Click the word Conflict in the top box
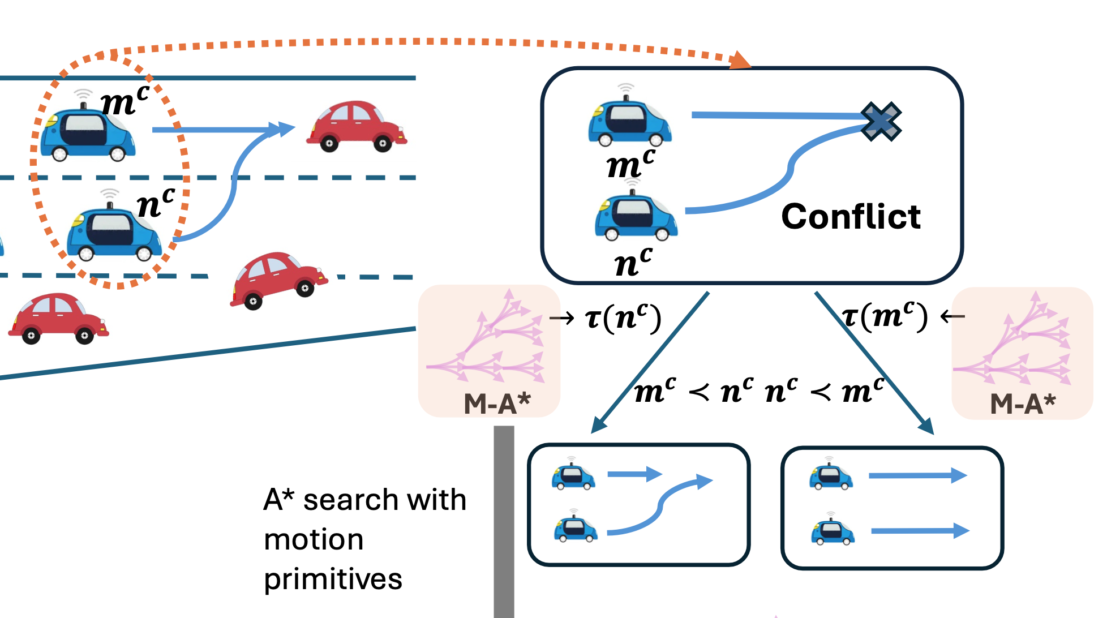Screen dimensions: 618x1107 click(x=850, y=217)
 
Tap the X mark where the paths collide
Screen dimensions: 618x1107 click(x=881, y=121)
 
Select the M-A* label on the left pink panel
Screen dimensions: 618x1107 click(x=497, y=404)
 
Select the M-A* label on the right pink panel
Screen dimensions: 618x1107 click(x=1023, y=404)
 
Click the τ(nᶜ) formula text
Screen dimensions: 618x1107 click(x=623, y=318)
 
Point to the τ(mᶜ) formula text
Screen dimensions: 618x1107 click(x=885, y=316)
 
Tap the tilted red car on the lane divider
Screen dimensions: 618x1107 click(x=278, y=280)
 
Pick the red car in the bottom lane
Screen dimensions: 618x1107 click(x=58, y=319)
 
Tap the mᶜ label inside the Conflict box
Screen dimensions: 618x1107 click(x=630, y=165)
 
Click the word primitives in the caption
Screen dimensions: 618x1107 click(x=333, y=580)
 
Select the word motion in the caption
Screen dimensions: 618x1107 click(x=314, y=539)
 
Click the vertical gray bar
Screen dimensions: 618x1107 click(x=504, y=521)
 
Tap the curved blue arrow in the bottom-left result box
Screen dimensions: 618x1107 click(x=659, y=507)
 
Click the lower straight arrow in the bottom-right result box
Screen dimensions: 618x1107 click(x=919, y=531)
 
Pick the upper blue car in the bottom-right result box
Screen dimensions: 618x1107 click(x=830, y=477)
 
